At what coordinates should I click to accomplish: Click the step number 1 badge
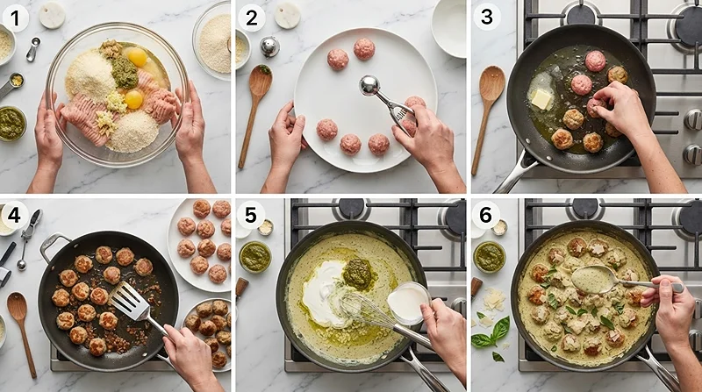click(15, 18)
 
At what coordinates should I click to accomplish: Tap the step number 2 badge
click(251, 18)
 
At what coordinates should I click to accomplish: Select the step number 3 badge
click(487, 17)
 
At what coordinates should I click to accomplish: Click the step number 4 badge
click(14, 215)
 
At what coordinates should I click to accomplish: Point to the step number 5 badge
click(250, 215)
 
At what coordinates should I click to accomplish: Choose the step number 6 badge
click(486, 215)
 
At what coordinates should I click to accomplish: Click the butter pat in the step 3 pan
click(541, 99)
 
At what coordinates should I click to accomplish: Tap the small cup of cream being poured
click(408, 303)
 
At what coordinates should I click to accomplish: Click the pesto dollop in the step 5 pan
click(357, 274)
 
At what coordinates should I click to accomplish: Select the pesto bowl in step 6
click(490, 257)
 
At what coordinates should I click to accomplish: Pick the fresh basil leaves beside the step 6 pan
click(491, 335)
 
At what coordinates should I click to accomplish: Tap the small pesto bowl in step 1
click(12, 124)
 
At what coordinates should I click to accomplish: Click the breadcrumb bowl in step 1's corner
click(212, 42)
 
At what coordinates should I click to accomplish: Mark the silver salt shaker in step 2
click(270, 47)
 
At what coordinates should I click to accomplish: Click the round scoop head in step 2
click(369, 85)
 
